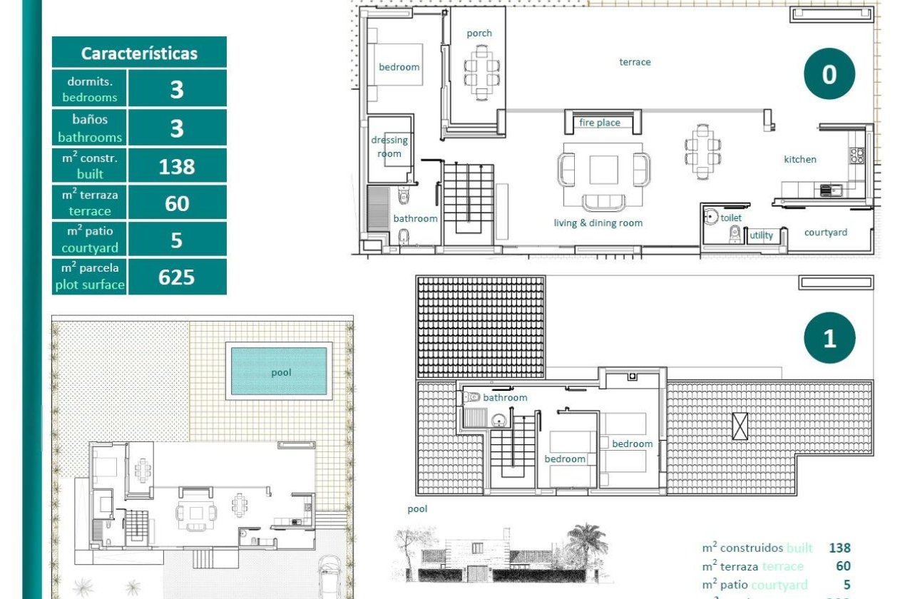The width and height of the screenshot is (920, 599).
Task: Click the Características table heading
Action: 139,53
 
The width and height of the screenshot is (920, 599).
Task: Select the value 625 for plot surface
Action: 177,277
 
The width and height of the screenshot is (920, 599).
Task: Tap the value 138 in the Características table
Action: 177,166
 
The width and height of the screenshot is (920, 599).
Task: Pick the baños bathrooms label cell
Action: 89,128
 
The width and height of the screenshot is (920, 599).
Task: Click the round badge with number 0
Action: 829,74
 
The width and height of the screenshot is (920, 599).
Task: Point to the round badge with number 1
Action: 829,338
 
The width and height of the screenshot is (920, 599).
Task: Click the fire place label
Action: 599,123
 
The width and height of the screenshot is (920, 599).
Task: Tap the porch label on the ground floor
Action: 479,33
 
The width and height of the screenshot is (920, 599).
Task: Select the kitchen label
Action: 800,159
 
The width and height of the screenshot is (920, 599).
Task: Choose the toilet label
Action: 731,217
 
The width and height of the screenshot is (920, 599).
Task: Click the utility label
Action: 761,235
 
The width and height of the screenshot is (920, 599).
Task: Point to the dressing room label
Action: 389,147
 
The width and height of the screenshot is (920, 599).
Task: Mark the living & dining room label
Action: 598,222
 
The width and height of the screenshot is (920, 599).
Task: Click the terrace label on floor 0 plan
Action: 635,62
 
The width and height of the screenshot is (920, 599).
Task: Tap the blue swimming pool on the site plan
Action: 280,372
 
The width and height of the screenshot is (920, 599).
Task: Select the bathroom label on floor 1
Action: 505,397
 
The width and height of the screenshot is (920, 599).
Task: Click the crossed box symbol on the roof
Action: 740,426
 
